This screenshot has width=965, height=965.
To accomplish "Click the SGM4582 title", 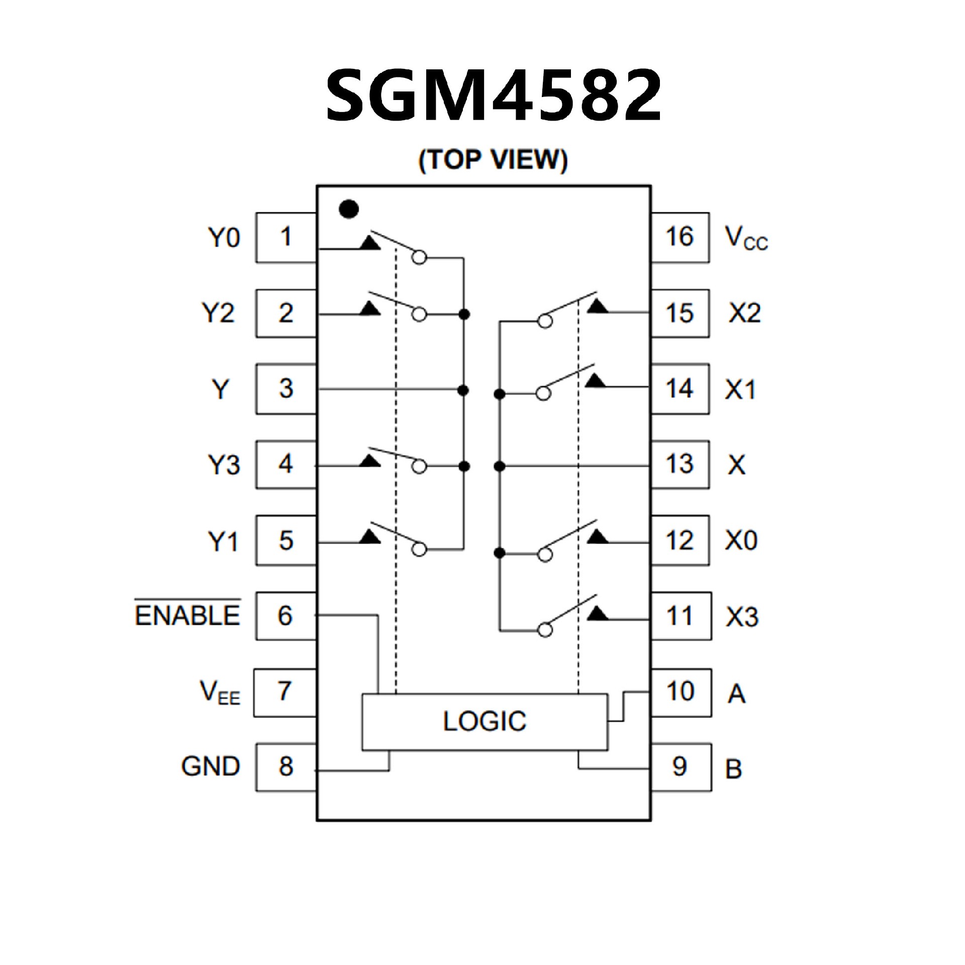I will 494,95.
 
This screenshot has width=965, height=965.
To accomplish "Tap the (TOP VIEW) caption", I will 493,160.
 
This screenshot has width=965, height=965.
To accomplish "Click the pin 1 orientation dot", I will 349,209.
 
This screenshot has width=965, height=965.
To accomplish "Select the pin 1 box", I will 286,237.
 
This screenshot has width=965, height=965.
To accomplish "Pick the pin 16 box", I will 680,237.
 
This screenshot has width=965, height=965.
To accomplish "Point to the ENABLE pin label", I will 187,615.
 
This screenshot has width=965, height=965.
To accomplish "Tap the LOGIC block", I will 485,722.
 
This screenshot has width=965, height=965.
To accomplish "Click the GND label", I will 211,766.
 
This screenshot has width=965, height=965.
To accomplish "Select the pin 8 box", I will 286,766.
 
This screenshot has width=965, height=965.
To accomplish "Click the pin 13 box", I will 680,464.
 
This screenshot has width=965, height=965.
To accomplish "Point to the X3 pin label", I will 742,617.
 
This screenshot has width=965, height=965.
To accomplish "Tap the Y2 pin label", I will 219,313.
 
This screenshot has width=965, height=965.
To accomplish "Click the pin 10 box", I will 681,692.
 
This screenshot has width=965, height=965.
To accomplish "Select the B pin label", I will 734,768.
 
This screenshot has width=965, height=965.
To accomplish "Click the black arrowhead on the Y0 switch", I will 370,242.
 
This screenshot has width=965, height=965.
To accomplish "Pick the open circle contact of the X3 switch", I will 544,630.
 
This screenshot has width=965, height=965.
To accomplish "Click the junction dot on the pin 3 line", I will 464,390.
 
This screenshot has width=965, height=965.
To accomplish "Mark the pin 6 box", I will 285,616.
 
